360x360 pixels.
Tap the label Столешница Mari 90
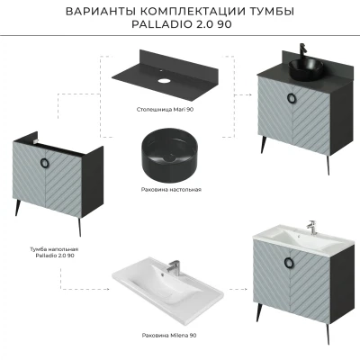165,110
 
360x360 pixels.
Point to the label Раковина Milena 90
169,336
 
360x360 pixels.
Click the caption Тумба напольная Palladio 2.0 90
54,252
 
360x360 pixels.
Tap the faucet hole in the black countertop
164,81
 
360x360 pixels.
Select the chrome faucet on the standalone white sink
174,267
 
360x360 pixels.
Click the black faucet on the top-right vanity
303,51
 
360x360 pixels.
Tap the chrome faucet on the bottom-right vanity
311,228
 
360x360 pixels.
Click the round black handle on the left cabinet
43,162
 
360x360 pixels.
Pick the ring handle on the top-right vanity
291,97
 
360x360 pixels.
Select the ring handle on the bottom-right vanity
288,262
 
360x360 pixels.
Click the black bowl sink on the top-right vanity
306,69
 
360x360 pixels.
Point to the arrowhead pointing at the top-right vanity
249,94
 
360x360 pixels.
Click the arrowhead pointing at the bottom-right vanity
245,290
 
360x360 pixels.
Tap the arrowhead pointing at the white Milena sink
107,290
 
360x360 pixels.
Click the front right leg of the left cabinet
80,227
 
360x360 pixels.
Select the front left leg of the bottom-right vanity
258,312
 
